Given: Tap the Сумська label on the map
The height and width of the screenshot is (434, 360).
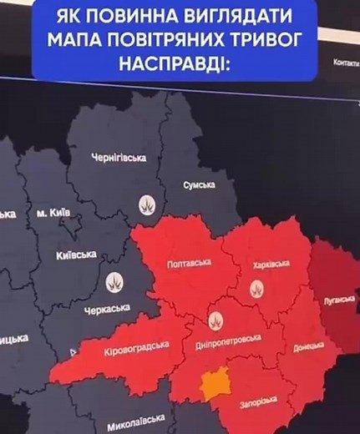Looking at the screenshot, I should click(x=199, y=184).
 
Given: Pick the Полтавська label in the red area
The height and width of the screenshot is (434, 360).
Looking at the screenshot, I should click(x=189, y=264).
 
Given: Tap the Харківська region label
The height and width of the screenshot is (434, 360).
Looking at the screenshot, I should click(x=271, y=265).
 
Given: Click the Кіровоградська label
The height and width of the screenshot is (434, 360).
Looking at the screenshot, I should click(x=138, y=346).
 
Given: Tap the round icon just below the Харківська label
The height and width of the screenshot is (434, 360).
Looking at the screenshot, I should click(x=257, y=289).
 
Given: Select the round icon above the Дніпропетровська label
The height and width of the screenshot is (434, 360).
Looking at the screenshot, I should click(x=214, y=318).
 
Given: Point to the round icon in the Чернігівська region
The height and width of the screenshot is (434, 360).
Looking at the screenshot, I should click(x=147, y=205).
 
